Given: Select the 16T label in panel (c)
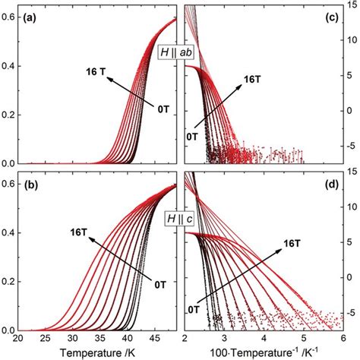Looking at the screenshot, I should tap(253, 79).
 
